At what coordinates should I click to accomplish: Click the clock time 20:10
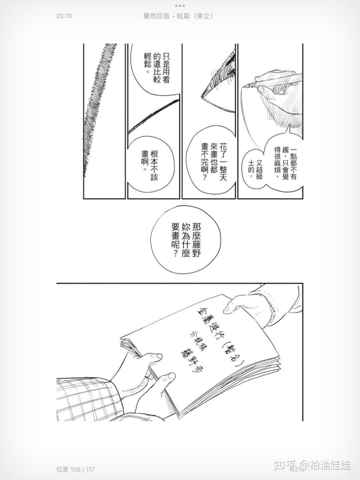(64, 16)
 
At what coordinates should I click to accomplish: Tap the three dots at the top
(180, 6)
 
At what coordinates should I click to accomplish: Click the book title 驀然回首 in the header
(156, 16)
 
